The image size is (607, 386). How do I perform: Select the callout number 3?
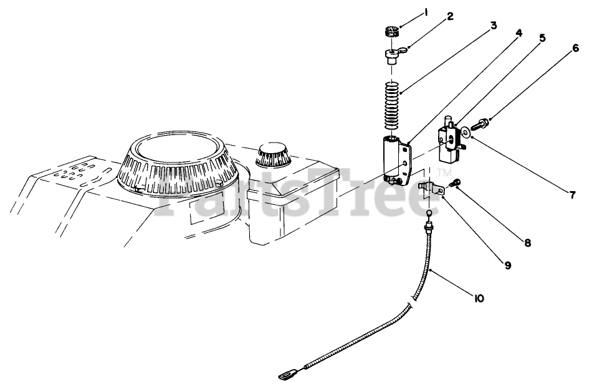[493, 26]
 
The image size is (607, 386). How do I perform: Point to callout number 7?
[572, 194]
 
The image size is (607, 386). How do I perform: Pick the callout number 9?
[508, 265]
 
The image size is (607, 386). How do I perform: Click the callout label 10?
[478, 299]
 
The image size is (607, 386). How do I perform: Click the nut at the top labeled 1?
[391, 31]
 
